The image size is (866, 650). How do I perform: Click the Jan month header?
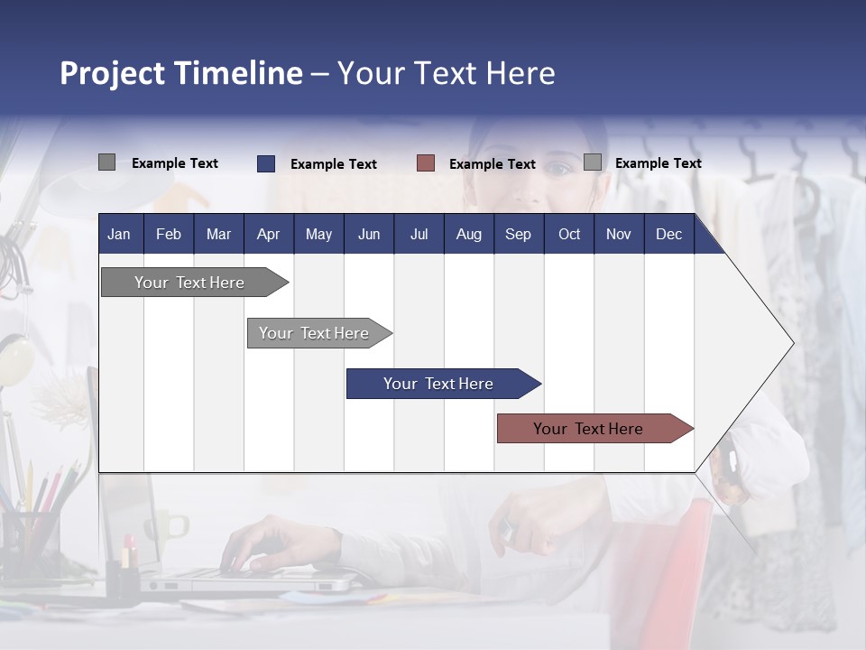click(x=119, y=234)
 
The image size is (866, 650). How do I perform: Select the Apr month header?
click(x=268, y=234)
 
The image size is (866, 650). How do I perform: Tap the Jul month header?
click(x=419, y=234)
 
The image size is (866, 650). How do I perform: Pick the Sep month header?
click(x=518, y=234)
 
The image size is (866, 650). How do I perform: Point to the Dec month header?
click(x=668, y=234)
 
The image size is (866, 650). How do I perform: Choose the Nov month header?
click(x=618, y=234)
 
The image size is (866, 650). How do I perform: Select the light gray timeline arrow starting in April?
click(x=316, y=333)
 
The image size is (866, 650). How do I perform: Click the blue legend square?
click(x=266, y=163)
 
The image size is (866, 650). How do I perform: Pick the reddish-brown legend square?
click(x=426, y=163)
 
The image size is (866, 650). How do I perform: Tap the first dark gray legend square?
click(x=106, y=162)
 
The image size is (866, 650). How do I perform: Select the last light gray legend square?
click(x=593, y=162)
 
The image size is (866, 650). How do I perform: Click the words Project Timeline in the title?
click(x=180, y=73)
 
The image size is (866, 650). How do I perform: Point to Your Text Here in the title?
click(x=447, y=73)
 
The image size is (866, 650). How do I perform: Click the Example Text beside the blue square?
click(x=334, y=164)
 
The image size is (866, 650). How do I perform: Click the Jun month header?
click(x=369, y=234)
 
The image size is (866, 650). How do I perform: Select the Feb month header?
click(x=169, y=234)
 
